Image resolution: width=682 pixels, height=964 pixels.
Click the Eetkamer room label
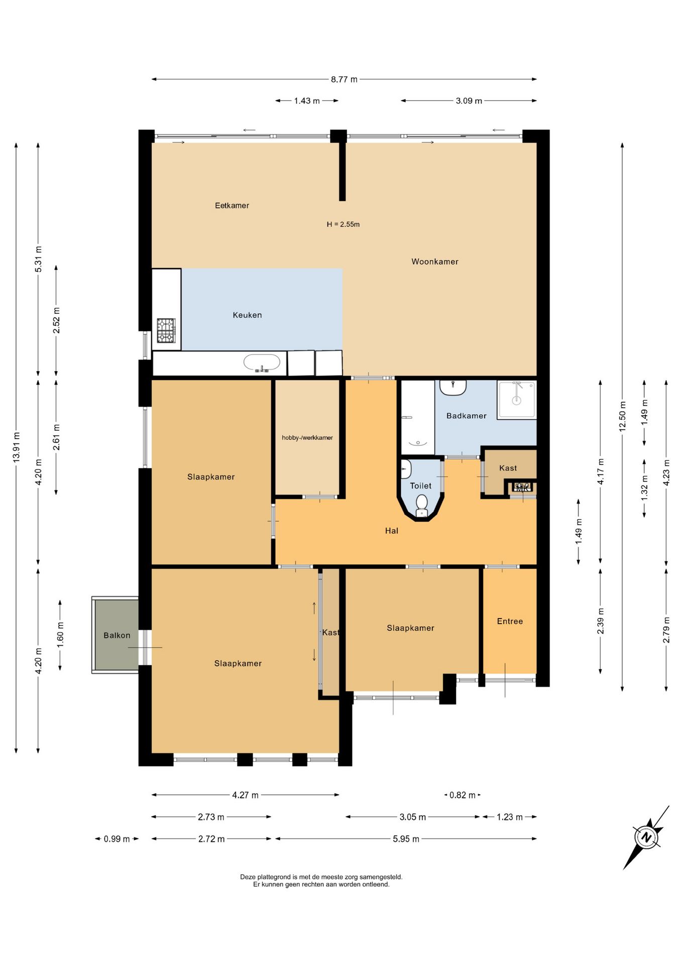[x=232, y=205]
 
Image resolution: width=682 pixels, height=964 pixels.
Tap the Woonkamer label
[x=435, y=262]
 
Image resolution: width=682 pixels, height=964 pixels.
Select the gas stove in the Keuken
[x=166, y=330]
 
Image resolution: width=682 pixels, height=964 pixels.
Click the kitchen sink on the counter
[x=262, y=363]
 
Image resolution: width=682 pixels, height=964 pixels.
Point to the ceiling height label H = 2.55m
[x=343, y=224]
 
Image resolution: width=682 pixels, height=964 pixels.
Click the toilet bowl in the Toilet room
[x=422, y=505]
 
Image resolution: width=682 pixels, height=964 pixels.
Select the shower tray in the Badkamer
[x=517, y=400]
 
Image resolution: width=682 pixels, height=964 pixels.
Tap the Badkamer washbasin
[x=453, y=387]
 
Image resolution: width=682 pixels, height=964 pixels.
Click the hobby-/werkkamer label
[x=307, y=438]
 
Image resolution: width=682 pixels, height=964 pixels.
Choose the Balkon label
[x=117, y=636]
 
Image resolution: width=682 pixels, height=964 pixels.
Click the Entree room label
[x=510, y=622]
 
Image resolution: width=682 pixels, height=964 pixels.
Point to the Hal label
[x=392, y=531]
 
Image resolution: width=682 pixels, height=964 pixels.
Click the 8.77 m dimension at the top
[x=344, y=79]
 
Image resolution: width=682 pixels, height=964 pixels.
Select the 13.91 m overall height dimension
[x=17, y=447]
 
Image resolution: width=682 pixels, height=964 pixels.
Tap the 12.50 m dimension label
[x=623, y=416]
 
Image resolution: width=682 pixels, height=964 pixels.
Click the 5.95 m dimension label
[x=406, y=839]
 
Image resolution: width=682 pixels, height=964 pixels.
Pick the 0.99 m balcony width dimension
[x=117, y=839]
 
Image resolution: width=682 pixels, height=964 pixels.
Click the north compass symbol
[x=646, y=837]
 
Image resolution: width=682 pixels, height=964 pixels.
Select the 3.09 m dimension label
[x=469, y=101]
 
